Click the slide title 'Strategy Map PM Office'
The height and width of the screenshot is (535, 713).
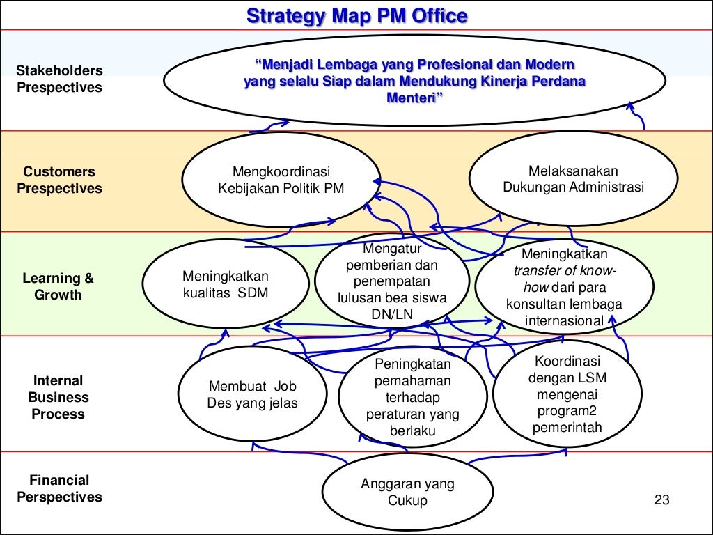pyautogui.click(x=356, y=15)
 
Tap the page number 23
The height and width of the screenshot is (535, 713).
pyautogui.click(x=661, y=499)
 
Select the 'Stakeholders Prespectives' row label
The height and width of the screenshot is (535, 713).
pyautogui.click(x=59, y=79)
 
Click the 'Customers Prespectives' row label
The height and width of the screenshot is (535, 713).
pyautogui.click(x=59, y=180)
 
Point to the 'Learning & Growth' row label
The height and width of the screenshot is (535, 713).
pyautogui.click(x=58, y=287)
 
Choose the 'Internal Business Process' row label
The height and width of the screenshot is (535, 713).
pyautogui.click(x=59, y=397)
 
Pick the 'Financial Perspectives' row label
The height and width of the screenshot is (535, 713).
pyautogui.click(x=59, y=488)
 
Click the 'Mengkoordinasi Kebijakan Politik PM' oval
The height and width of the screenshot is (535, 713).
pyautogui.click(x=281, y=180)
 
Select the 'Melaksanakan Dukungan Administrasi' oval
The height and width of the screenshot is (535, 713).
pyautogui.click(x=573, y=179)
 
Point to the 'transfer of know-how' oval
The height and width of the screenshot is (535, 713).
pyautogui.click(x=564, y=287)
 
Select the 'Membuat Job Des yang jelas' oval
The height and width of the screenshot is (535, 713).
pyautogui.click(x=252, y=395)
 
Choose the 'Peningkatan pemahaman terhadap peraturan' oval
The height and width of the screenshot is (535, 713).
pyautogui.click(x=413, y=397)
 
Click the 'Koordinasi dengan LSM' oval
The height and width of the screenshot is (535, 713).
pyautogui.click(x=567, y=394)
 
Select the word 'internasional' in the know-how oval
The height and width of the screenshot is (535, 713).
pyautogui.click(x=564, y=320)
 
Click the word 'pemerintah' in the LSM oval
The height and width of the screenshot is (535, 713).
pyautogui.click(x=567, y=428)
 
